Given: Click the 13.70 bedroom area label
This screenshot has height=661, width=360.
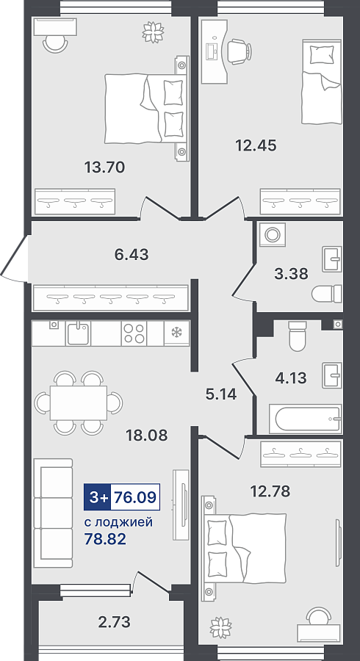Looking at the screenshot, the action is click(x=104, y=167).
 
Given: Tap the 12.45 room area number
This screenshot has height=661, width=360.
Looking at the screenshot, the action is click(x=256, y=146).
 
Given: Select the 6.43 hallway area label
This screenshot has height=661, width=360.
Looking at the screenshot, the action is click(x=131, y=255).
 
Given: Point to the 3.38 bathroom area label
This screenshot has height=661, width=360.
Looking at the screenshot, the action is click(x=291, y=274).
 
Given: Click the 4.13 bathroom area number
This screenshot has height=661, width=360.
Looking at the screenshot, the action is click(x=290, y=378).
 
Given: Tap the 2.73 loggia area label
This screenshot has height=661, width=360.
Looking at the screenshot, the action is click(x=113, y=621).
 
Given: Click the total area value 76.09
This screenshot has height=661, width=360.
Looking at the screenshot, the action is click(x=135, y=497).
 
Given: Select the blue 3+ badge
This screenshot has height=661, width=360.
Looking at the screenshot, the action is click(x=98, y=497).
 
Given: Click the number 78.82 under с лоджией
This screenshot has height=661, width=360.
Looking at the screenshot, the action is click(x=105, y=539).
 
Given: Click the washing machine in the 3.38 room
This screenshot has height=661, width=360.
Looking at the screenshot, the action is click(x=272, y=234).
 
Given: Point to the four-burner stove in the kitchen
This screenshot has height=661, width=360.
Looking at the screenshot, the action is click(x=134, y=333).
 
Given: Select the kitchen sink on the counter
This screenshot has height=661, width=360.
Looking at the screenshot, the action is click(x=78, y=333).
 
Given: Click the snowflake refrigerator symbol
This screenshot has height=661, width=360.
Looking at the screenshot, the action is click(x=176, y=333).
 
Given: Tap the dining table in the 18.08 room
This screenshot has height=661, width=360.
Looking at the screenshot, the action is click(x=79, y=403).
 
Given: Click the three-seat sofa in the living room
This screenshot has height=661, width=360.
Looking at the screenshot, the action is click(x=53, y=513).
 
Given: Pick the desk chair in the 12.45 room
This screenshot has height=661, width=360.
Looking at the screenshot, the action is click(x=239, y=51).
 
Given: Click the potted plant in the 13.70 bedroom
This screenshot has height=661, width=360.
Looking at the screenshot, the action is click(x=153, y=32).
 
